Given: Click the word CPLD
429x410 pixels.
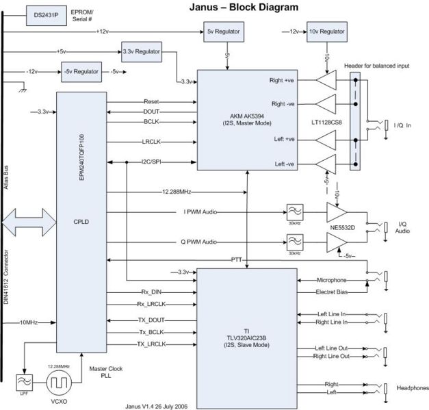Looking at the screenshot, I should tap(83, 221).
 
